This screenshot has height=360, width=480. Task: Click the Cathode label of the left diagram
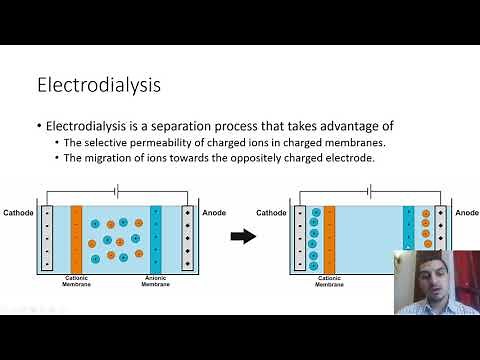(x=18, y=213)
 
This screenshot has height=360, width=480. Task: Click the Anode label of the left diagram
(x=215, y=213)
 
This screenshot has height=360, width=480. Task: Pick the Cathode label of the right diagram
(x=271, y=213)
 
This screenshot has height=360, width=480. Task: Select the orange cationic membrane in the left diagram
(x=76, y=237)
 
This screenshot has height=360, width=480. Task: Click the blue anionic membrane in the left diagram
(x=155, y=237)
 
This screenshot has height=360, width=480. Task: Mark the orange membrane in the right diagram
(x=329, y=237)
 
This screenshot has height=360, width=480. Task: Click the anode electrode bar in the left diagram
(x=187, y=237)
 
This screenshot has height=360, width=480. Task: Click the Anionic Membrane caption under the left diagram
(x=155, y=283)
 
